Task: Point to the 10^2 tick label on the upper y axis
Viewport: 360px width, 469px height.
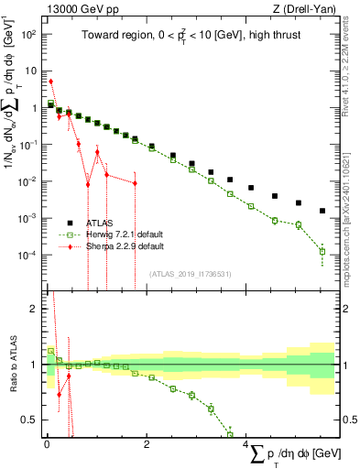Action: (x=29, y=34)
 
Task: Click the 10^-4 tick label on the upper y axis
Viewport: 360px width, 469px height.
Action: (x=29, y=255)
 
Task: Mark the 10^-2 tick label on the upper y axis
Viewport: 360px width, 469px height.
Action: (x=29, y=181)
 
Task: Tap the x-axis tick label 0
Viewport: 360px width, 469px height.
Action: (x=46, y=444)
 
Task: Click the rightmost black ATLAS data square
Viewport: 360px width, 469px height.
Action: (x=322, y=211)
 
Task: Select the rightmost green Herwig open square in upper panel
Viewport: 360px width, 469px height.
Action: (x=322, y=250)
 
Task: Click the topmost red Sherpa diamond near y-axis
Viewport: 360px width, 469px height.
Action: (x=51, y=82)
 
